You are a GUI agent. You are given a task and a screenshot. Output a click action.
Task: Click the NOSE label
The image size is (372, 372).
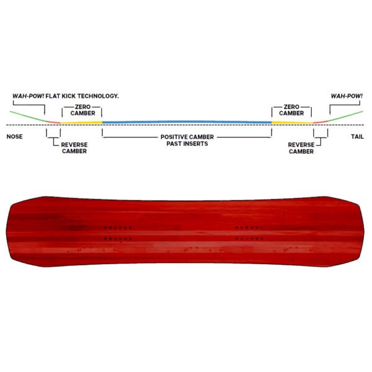pyautogui.click(x=14, y=136)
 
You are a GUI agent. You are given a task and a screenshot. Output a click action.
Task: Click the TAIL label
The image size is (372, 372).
pyautogui.click(x=357, y=136)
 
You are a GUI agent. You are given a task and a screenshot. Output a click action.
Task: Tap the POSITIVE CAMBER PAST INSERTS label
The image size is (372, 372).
pyautogui.click(x=187, y=140)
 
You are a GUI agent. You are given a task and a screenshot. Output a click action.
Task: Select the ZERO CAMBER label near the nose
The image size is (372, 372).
pyautogui.click(x=82, y=110)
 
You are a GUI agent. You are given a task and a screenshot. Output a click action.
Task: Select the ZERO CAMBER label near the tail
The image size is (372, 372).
pyautogui.click(x=291, y=110)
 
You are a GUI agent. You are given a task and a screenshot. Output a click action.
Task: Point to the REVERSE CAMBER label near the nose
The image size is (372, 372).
pyautogui.click(x=74, y=148)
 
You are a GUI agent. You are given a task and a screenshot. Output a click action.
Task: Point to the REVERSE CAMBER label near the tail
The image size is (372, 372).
pyautogui.click(x=301, y=148)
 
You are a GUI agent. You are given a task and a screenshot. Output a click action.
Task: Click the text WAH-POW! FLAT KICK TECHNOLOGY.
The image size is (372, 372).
pyautogui.click(x=66, y=96)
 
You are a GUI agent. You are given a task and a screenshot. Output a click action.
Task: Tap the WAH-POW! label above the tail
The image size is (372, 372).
pyautogui.click(x=347, y=96)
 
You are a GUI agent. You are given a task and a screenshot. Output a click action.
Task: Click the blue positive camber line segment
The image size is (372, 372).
pyautogui.click(x=187, y=122)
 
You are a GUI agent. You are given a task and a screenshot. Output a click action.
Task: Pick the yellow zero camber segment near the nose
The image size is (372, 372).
pyautogui.click(x=81, y=123)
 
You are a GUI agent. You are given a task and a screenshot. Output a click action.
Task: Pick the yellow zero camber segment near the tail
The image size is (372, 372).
pyautogui.click(x=292, y=123)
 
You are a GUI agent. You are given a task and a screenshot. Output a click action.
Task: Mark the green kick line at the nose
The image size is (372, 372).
pyautogui.click(x=29, y=117)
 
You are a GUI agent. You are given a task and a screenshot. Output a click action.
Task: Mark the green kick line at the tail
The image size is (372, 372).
pyautogui.click(x=345, y=116)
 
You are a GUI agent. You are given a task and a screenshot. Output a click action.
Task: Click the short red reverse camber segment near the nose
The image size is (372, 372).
pyautogui.click(x=53, y=122)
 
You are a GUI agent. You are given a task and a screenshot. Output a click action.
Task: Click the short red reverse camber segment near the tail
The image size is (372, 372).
pyautogui.click(x=321, y=122)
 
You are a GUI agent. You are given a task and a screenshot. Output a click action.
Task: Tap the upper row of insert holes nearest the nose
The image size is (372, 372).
pyautogui.click(x=118, y=228)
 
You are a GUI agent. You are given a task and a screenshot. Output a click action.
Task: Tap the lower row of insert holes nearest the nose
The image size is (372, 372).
pyautogui.click(x=118, y=239)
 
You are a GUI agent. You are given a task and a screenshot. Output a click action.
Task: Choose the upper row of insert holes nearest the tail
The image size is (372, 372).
pyautogui.click(x=249, y=228)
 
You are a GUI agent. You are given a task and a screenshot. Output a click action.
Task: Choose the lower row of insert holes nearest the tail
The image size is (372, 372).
pyautogui.click(x=249, y=239)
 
